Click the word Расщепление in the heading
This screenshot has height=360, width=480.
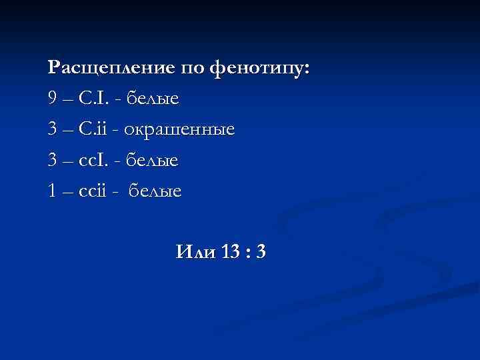111,68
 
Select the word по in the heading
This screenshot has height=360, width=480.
192,68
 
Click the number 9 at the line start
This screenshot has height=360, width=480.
53,99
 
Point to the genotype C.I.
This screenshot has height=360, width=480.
89,99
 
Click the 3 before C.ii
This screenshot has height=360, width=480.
53,130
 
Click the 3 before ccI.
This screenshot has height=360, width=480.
53,161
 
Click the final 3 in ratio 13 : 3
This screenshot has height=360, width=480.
261,252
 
